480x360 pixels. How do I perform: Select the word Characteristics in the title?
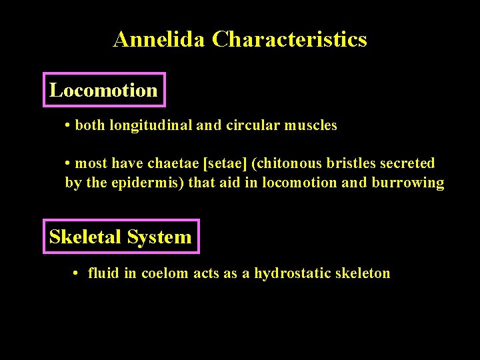(x=289, y=39)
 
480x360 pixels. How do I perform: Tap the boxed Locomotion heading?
(x=103, y=90)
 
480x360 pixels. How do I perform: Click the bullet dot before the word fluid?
(x=77, y=273)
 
